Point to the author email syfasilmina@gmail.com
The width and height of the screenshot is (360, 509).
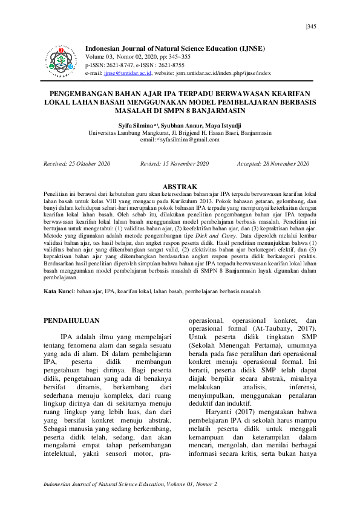(191, 138)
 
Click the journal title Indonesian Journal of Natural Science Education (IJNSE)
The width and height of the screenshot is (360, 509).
(175, 48)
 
